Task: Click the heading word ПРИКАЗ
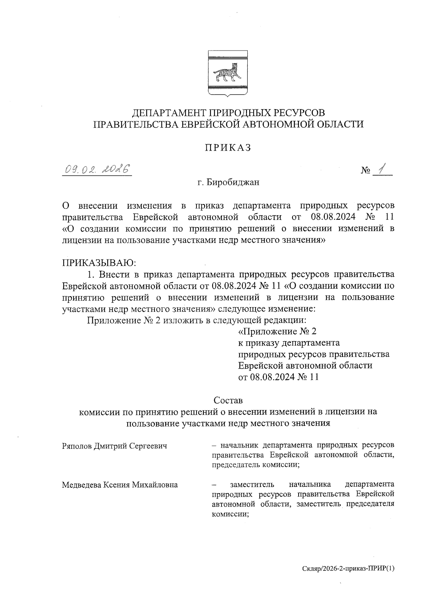228,147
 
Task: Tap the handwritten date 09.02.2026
96,170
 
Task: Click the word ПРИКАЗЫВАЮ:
99,263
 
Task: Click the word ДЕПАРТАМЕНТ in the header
165,113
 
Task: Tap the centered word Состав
228,401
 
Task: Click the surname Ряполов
77,446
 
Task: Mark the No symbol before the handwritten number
365,171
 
